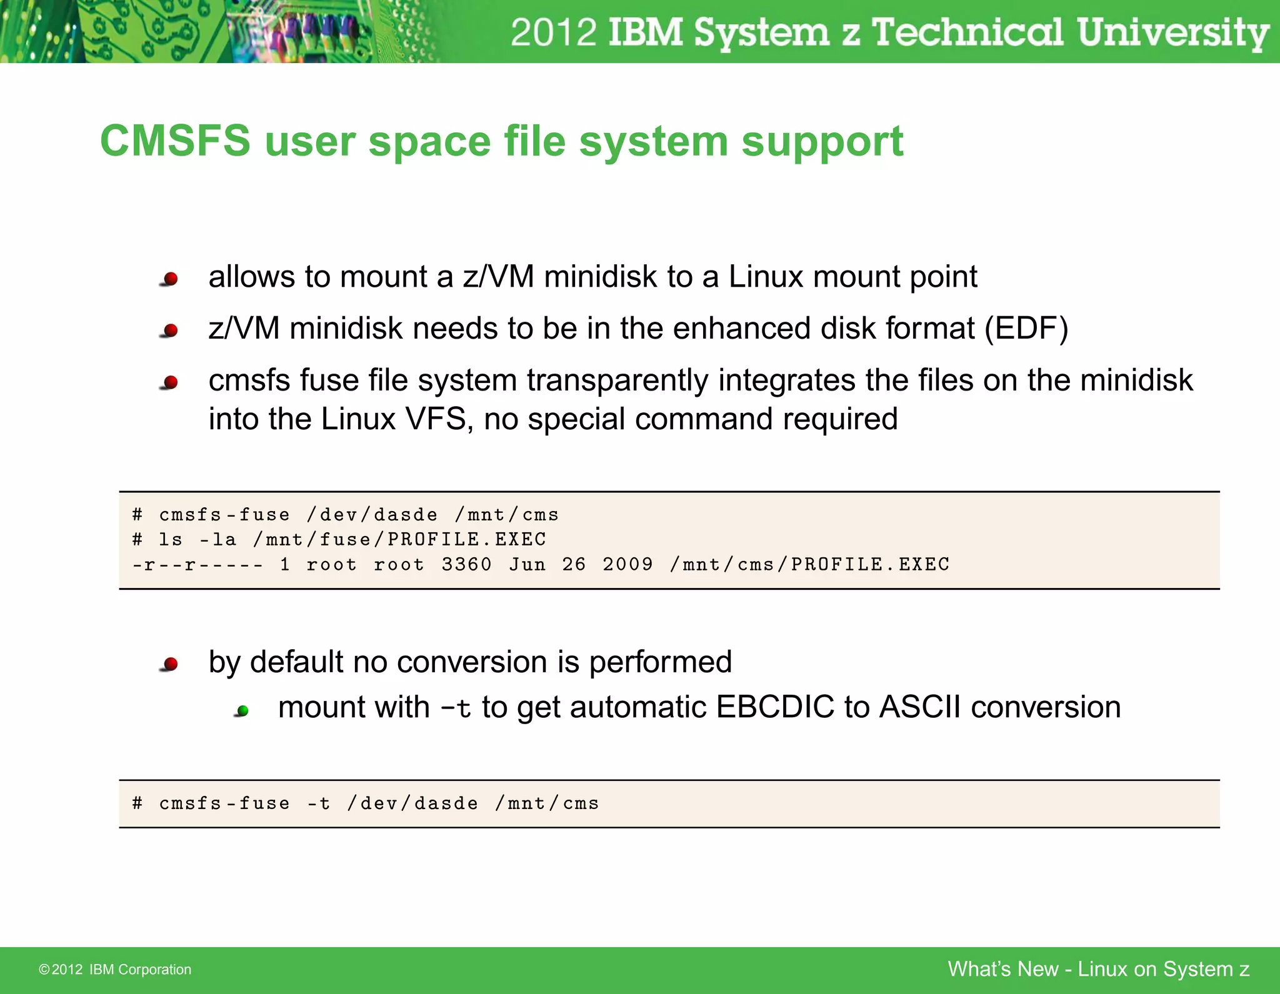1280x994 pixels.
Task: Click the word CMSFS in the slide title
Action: click(x=175, y=141)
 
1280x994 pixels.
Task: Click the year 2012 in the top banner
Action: click(x=553, y=32)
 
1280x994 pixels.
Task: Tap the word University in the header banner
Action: click(x=1172, y=32)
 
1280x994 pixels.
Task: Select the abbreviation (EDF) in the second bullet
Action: click(x=1026, y=329)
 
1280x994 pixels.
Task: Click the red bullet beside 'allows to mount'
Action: click(x=169, y=279)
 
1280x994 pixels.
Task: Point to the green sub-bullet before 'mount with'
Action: click(x=242, y=710)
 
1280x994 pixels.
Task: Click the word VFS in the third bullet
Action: click(x=436, y=419)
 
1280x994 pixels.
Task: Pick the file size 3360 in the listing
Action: click(x=466, y=564)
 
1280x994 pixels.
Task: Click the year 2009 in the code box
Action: click(x=627, y=564)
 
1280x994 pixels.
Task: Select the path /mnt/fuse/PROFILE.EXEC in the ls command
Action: click(x=399, y=539)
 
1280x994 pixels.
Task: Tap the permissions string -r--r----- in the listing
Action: click(x=197, y=565)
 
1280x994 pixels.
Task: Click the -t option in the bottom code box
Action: click(x=318, y=803)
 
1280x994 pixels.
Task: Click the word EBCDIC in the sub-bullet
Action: click(x=775, y=708)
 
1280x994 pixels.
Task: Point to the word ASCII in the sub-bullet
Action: click(x=919, y=708)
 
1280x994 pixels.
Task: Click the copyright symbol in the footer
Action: click(x=44, y=970)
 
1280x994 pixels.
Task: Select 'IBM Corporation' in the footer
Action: click(x=140, y=970)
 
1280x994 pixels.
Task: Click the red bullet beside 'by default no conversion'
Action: click(x=169, y=664)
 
